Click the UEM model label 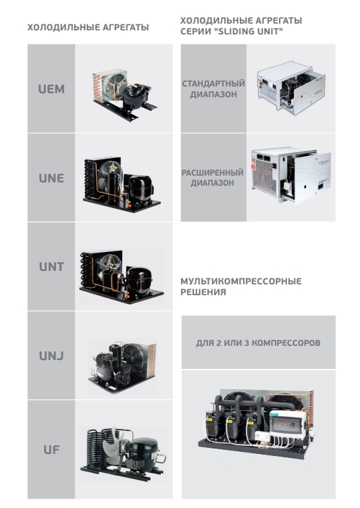pos(51,88)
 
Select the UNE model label pos(51,178)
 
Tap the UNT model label pos(51,267)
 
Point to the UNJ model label pos(51,356)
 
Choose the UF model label pos(51,450)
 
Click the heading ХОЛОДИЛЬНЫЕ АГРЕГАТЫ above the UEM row pos(88,27)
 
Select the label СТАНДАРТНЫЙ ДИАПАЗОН pos(213,88)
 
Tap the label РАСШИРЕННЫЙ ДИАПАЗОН pos(213,178)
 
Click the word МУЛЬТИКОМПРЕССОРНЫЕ pos(241,281)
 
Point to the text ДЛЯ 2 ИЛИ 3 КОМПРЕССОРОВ pos(258,342)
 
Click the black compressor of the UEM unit pos(133,95)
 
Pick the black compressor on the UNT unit pos(139,280)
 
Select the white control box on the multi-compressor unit pos(287,424)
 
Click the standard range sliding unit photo pos(291,87)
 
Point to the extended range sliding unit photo pos(291,176)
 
